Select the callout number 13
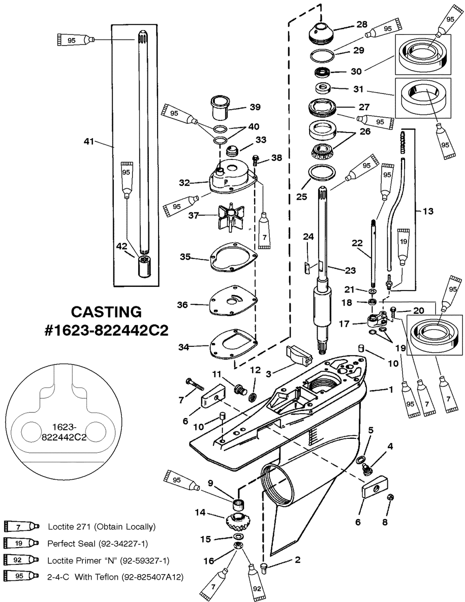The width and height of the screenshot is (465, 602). tap(428, 212)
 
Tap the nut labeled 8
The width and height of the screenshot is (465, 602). tap(391, 498)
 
